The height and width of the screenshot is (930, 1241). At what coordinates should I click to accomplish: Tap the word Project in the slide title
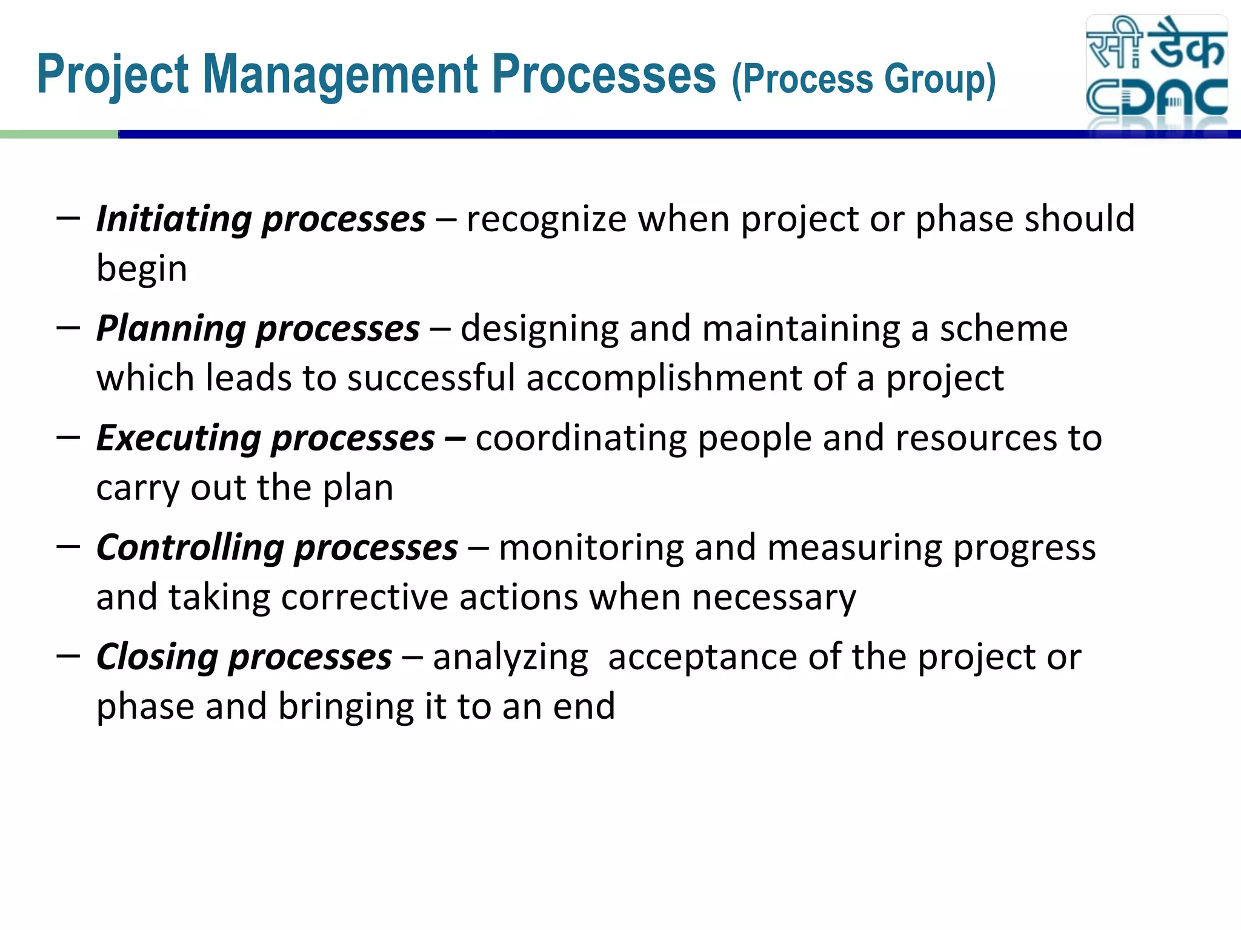click(113, 75)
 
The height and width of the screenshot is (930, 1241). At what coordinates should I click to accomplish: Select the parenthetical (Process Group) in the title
click(863, 79)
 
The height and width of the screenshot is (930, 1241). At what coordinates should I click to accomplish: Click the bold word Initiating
click(173, 219)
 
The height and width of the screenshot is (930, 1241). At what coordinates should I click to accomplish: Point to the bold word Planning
click(170, 329)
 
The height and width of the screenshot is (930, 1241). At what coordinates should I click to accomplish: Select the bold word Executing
click(178, 438)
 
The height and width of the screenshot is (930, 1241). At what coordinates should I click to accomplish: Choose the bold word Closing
click(157, 658)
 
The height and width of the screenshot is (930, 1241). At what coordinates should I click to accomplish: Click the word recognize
click(546, 219)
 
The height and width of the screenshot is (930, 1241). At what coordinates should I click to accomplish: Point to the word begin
click(142, 268)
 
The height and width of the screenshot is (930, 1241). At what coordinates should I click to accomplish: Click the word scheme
click(1003, 329)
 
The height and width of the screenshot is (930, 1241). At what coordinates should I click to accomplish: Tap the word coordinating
click(581, 438)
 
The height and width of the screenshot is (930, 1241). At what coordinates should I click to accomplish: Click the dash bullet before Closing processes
click(68, 655)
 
